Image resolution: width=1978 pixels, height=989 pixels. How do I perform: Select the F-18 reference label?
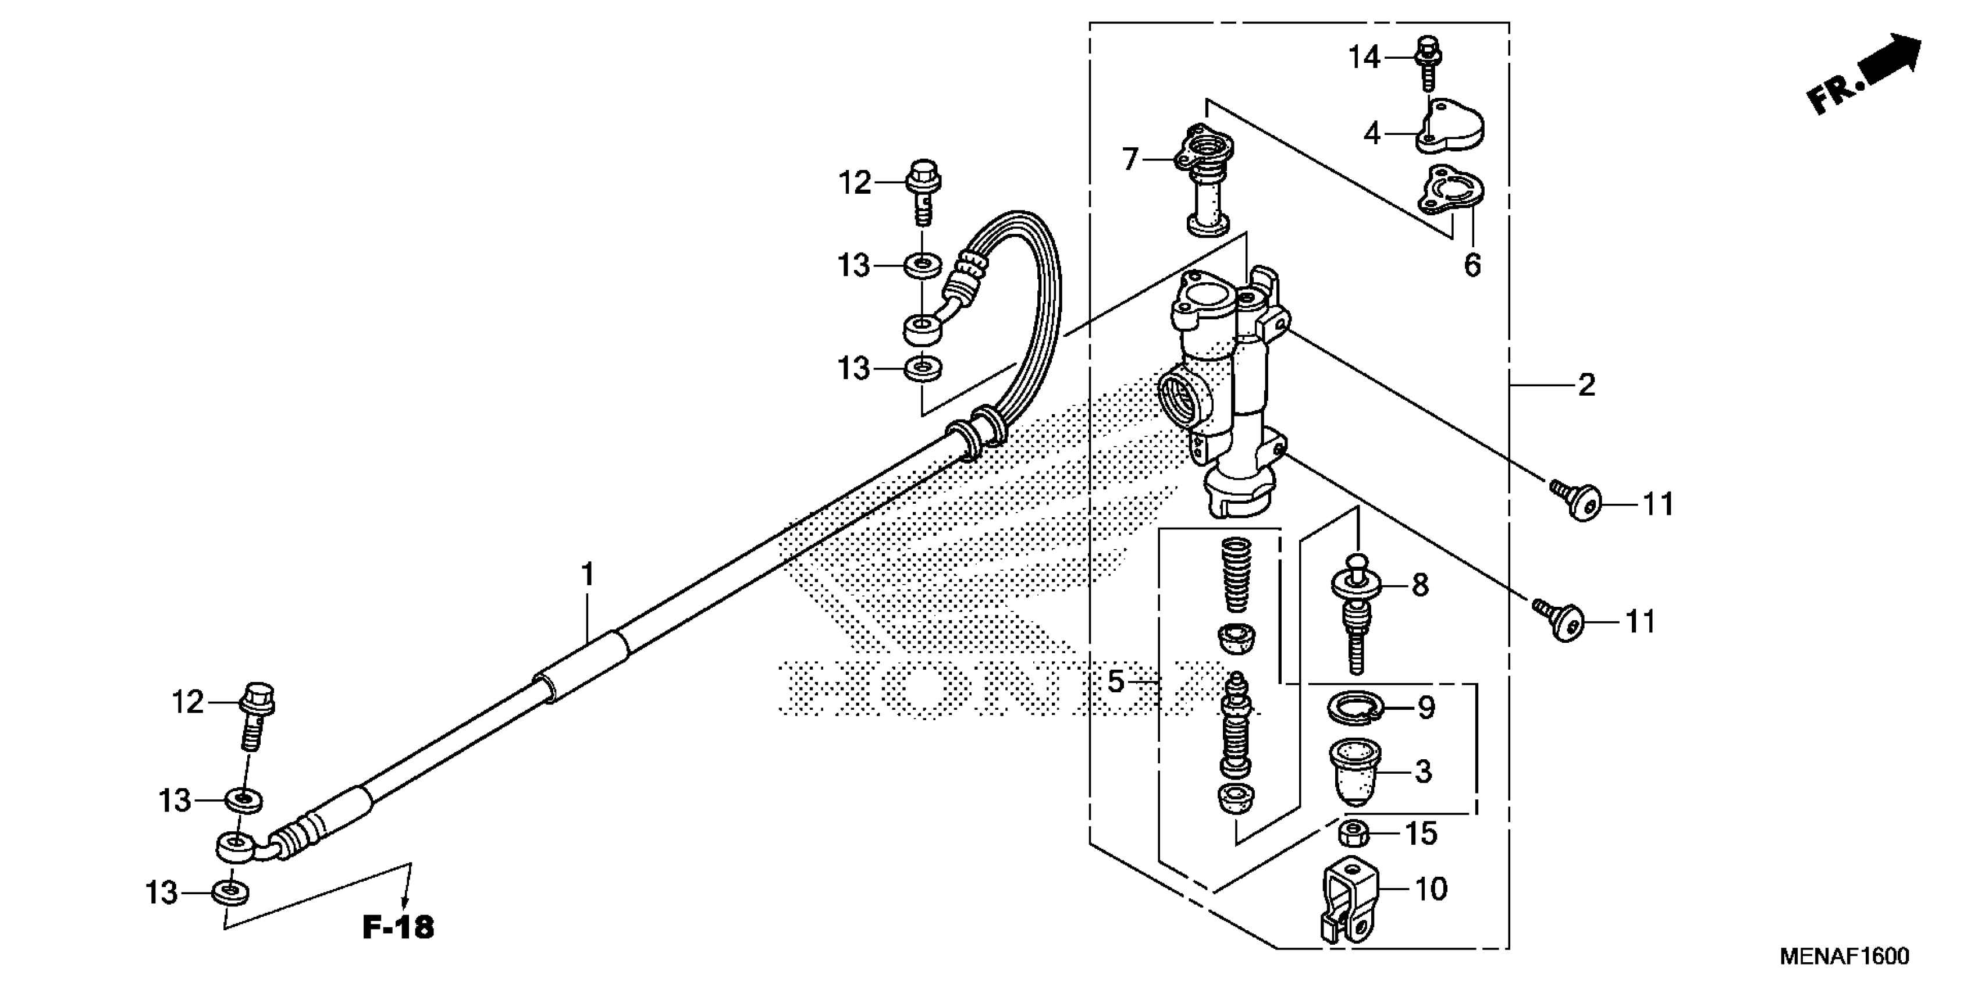398,927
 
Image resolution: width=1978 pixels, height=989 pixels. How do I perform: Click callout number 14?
1364,58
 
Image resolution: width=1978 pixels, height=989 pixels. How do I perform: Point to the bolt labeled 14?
1426,62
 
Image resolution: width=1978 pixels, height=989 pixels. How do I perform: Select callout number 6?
1472,266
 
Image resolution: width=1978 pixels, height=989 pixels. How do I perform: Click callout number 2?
1586,384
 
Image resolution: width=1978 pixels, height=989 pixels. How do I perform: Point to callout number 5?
1116,681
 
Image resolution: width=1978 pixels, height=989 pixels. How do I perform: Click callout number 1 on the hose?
588,574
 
